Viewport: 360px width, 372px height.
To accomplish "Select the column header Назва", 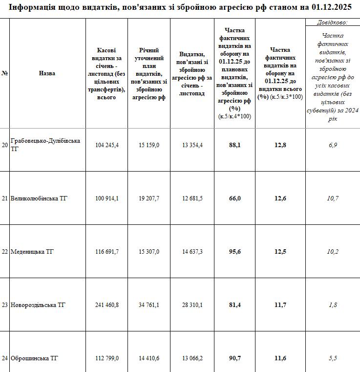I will point(47,73).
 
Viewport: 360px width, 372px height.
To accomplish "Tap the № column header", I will point(4,73).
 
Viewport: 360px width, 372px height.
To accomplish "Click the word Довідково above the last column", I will point(332,22).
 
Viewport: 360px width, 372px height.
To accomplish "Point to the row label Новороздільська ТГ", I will point(38,305).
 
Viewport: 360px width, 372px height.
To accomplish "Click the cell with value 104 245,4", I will point(107,145).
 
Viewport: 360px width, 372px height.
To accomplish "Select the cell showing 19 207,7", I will point(148,198).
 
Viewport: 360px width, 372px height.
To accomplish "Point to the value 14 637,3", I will point(191,252).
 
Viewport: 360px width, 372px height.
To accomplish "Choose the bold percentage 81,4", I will point(235,305).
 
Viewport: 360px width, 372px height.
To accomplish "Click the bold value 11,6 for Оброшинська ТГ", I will point(280,358).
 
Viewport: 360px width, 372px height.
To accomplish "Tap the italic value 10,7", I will point(333,198).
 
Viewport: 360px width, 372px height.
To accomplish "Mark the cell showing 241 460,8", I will point(107,305).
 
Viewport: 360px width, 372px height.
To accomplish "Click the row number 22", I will point(4,252).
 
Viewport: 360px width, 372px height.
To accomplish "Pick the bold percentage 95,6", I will point(235,252).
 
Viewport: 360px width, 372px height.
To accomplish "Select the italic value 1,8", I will point(333,305).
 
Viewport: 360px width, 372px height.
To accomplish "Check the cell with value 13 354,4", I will point(191,145).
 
